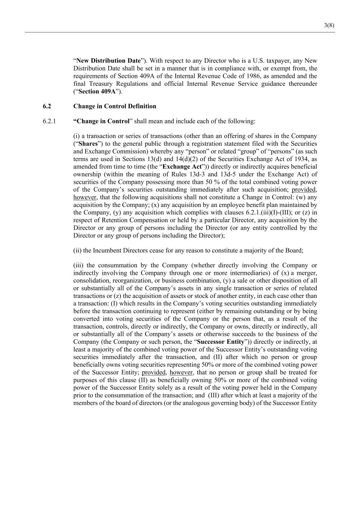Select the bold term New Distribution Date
pyautogui.click(x=109, y=61)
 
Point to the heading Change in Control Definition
pyautogui.click(x=115, y=106)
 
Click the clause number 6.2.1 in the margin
pyautogui.click(x=49, y=121)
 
